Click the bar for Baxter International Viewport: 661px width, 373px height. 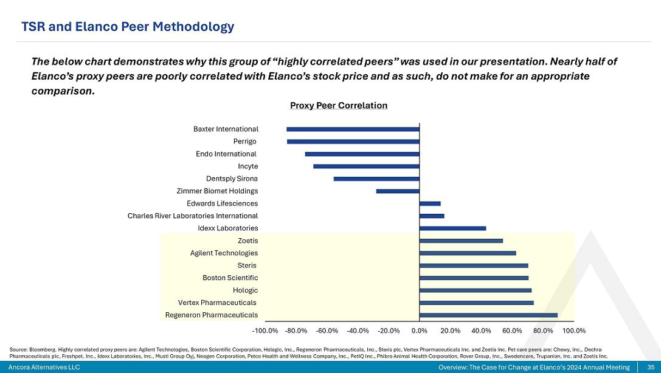click(x=353, y=129)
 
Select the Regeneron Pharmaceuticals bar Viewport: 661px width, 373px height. click(x=488, y=315)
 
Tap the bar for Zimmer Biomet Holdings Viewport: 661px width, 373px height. click(x=398, y=191)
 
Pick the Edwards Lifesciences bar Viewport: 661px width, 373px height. click(x=430, y=204)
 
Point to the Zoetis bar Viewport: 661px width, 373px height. click(x=461, y=241)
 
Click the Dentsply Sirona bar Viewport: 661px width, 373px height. click(x=376, y=179)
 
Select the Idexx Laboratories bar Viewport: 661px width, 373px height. click(x=452, y=228)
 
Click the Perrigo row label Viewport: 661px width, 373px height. click(x=245, y=142)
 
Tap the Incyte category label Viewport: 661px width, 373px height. click(x=247, y=166)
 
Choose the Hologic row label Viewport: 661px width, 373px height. click(x=245, y=290)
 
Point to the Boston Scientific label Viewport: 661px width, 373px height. click(x=230, y=278)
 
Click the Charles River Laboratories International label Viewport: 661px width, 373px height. click(x=193, y=216)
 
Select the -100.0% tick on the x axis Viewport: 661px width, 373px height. click(x=265, y=331)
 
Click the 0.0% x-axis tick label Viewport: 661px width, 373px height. click(x=420, y=331)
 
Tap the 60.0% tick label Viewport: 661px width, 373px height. click(x=512, y=331)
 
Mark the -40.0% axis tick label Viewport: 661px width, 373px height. click(x=358, y=331)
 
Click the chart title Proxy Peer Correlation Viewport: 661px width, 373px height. click(x=339, y=106)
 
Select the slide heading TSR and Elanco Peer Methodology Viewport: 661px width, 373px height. click(x=128, y=27)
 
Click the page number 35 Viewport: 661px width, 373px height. click(x=650, y=368)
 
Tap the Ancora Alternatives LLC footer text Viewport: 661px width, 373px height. click(x=44, y=368)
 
